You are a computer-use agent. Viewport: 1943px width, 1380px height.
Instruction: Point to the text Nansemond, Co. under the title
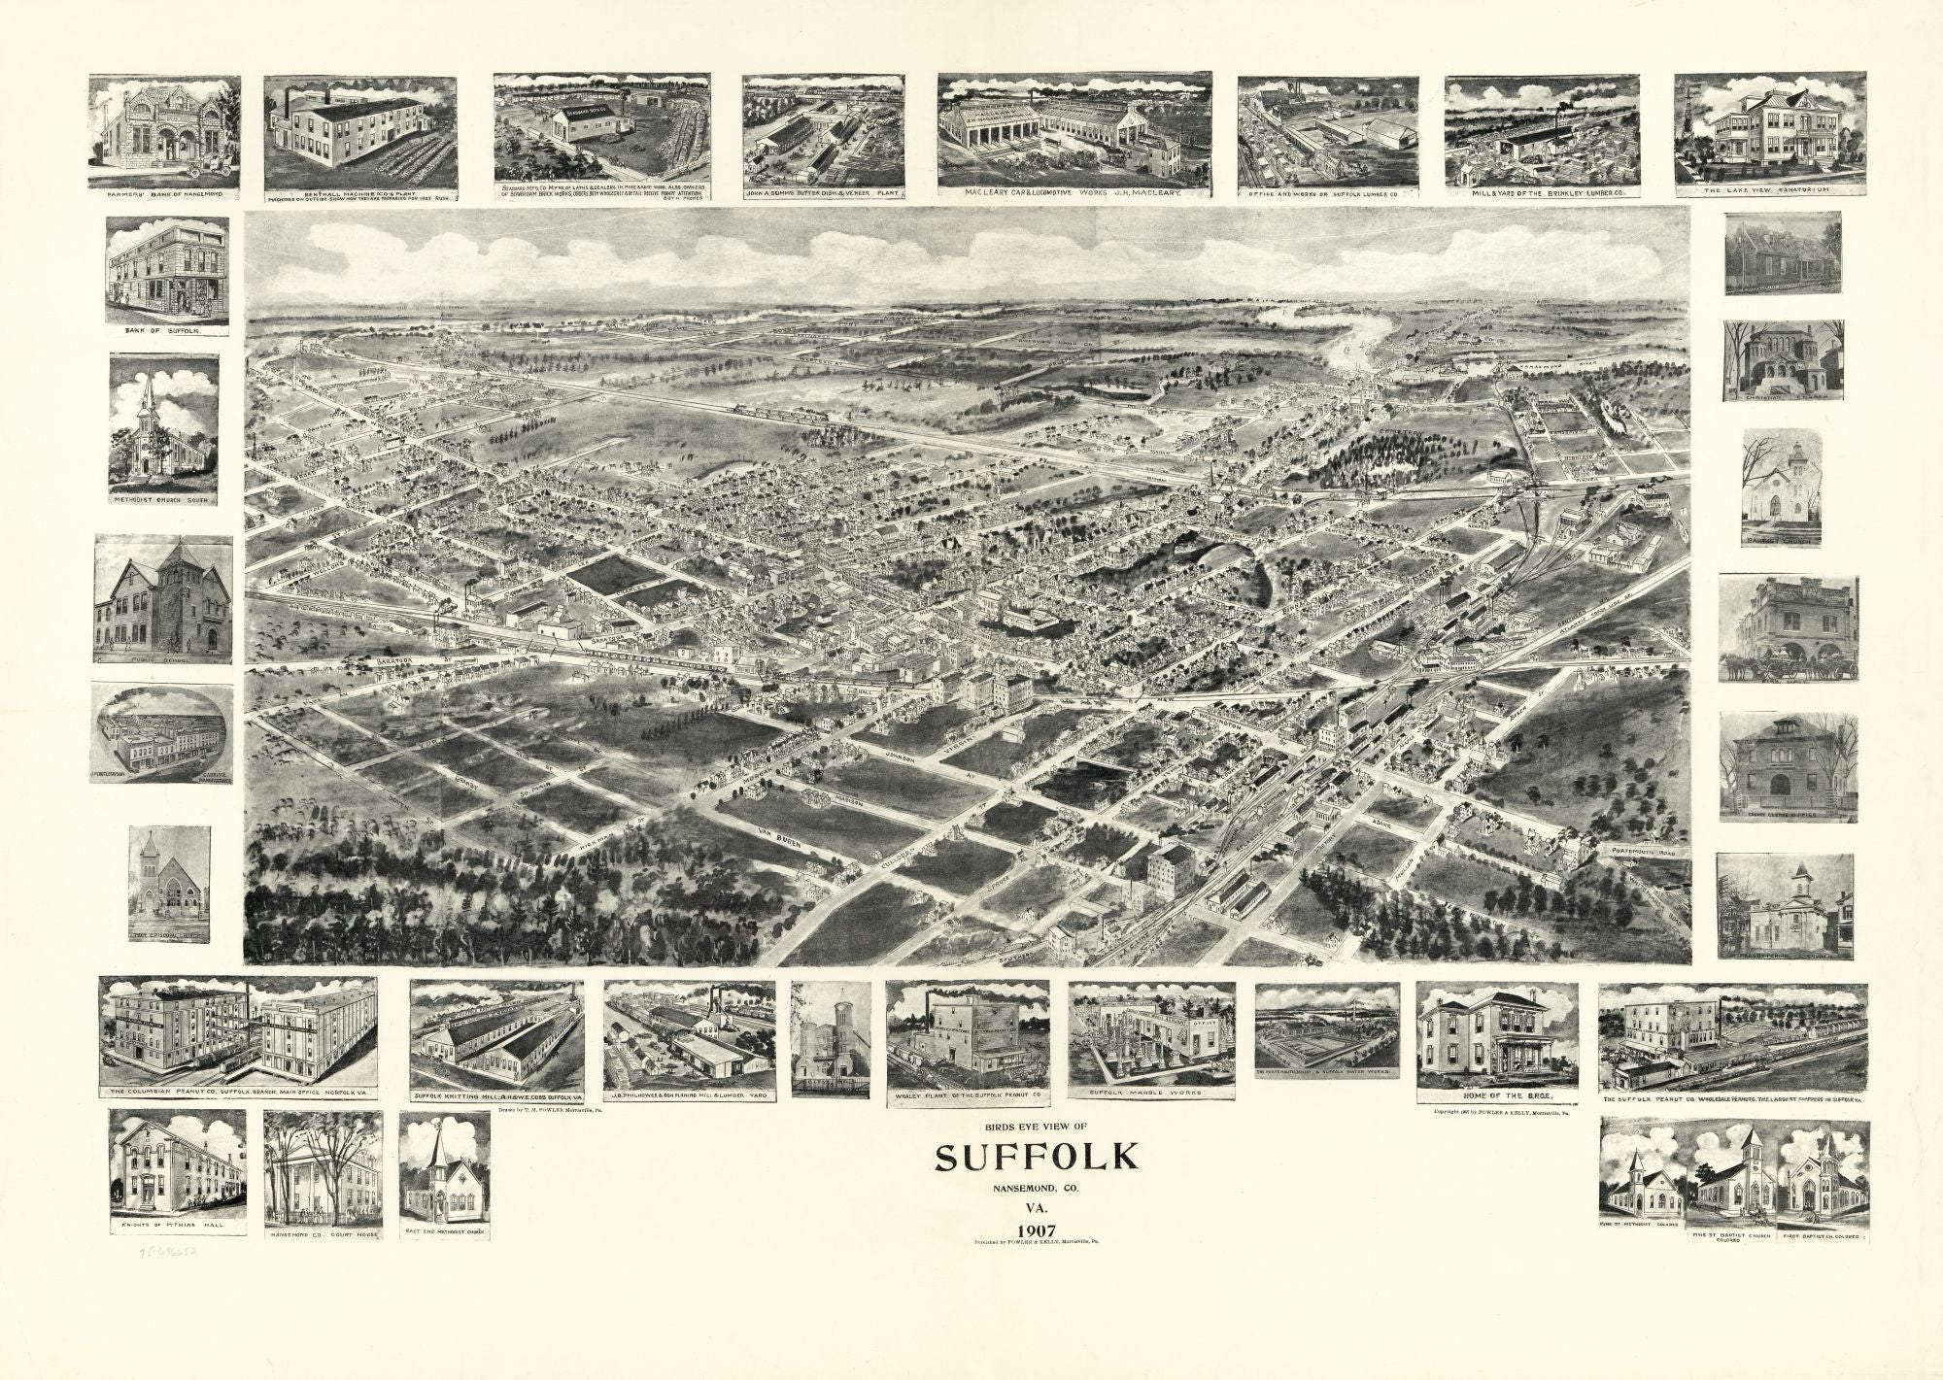(x=1035, y=1188)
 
